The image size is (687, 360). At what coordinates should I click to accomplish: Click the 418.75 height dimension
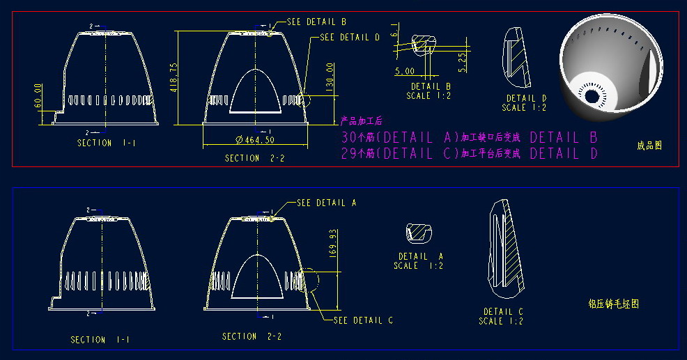[173, 77]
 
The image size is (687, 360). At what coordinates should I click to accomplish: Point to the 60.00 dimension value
[39, 96]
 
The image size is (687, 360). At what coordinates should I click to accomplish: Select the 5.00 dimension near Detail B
[405, 71]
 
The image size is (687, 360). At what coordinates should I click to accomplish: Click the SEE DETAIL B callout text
[316, 22]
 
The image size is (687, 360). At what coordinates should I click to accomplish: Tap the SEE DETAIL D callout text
[350, 37]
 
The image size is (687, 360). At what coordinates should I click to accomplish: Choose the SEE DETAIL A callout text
[326, 203]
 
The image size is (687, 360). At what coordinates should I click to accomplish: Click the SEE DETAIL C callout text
[363, 320]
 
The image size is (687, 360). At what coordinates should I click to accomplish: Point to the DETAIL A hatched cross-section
[419, 233]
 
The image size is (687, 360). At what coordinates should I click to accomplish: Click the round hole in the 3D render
[592, 96]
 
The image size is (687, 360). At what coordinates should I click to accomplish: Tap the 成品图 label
[649, 146]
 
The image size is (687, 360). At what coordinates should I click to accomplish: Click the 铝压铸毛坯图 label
[613, 304]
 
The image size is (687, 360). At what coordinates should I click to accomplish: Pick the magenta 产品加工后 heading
[362, 121]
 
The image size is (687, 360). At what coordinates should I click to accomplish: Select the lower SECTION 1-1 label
[98, 340]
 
